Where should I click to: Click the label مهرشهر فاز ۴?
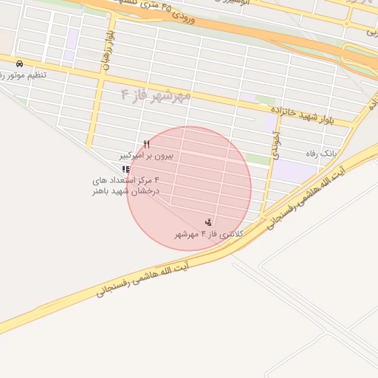tap(156, 95)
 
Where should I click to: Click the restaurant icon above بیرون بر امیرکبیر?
tap(146, 144)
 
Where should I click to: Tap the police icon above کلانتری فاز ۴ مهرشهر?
tap(209, 222)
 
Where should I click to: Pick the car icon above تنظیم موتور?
tap(18, 63)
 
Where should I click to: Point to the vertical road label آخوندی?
tap(275, 145)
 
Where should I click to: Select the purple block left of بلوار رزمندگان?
tap(70, 46)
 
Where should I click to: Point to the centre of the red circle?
tap(189, 188)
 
